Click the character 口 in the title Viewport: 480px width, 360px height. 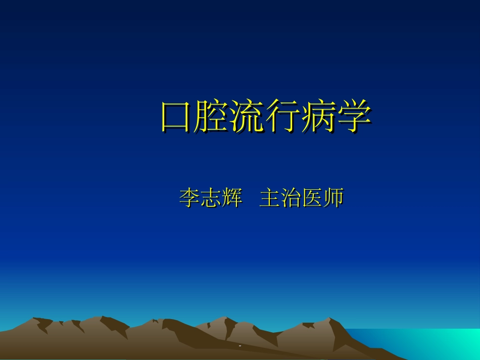pyautogui.click(x=178, y=117)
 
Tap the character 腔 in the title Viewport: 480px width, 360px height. pyautogui.click(x=213, y=117)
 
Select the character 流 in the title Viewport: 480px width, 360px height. pyautogui.click(x=248, y=117)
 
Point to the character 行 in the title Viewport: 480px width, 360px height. pyautogui.click(x=283, y=117)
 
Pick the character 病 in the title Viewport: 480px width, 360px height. pyautogui.click(x=319, y=117)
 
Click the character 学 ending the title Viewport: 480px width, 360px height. pyautogui.click(x=354, y=117)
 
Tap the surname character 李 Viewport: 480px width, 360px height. pyautogui.click(x=189, y=198)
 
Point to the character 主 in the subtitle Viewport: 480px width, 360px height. pyautogui.click(x=269, y=198)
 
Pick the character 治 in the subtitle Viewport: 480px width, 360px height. pyautogui.click(x=291, y=198)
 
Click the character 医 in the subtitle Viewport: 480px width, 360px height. pyautogui.click(x=312, y=198)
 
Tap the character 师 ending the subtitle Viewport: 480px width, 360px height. pyautogui.click(x=333, y=198)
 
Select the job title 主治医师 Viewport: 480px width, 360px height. pyautogui.click(x=301, y=198)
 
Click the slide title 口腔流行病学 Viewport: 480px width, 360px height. pyautogui.click(x=266, y=117)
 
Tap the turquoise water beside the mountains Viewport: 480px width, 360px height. pyautogui.click(x=429, y=343)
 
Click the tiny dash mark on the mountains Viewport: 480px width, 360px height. pyautogui.click(x=240, y=346)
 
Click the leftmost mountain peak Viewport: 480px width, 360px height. pyautogui.click(x=35, y=320)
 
